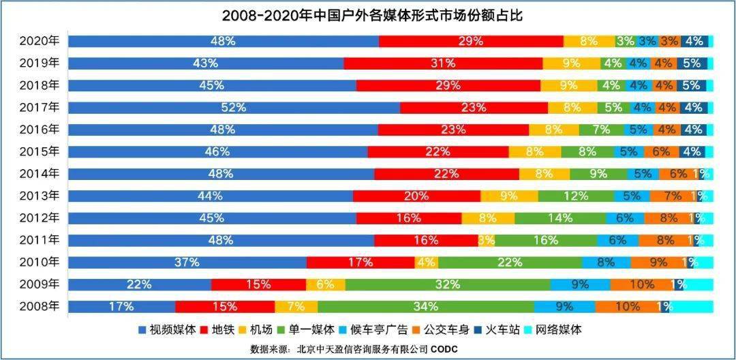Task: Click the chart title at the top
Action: point(367,14)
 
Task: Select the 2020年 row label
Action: point(40,41)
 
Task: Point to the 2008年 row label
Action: point(40,306)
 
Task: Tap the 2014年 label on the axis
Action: point(40,173)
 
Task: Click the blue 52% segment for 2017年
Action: point(234,107)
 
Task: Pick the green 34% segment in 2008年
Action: point(425,306)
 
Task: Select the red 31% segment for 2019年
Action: point(443,63)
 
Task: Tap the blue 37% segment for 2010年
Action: point(187,262)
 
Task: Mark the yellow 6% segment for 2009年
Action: point(325,284)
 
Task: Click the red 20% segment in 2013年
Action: point(416,196)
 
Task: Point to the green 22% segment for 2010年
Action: point(510,262)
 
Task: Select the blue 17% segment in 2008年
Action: point(121,306)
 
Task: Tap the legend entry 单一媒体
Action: point(307,330)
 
